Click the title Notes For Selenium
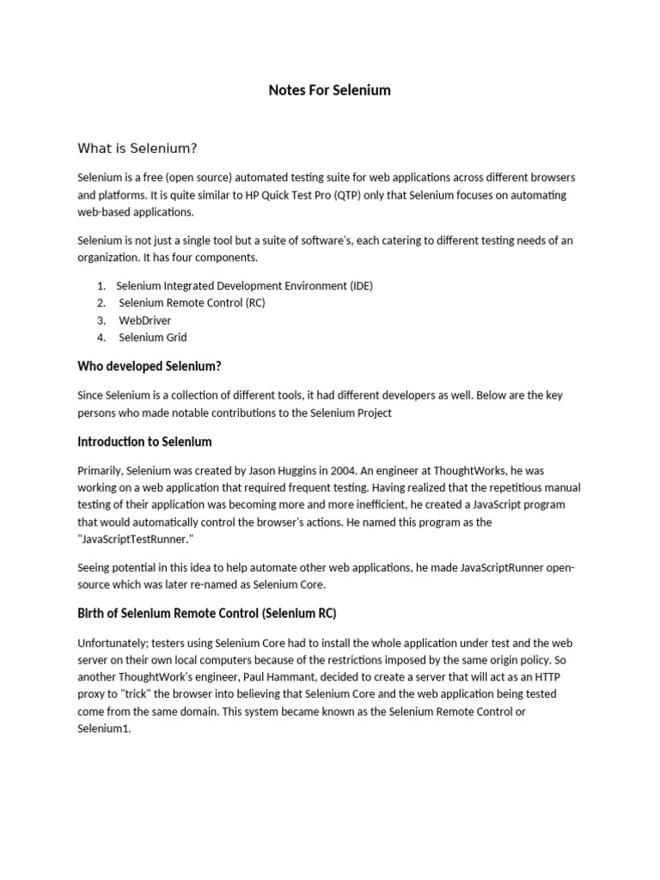click(x=329, y=90)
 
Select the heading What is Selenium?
click(x=137, y=149)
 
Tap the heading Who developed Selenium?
click(x=150, y=366)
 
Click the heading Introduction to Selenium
click(x=144, y=442)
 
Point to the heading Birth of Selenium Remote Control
click(x=206, y=614)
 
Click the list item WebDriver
click(x=144, y=321)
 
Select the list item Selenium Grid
click(x=152, y=338)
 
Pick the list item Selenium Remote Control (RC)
click(x=193, y=303)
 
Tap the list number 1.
click(x=101, y=286)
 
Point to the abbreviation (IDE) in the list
click(x=361, y=286)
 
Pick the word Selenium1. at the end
click(x=105, y=729)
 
